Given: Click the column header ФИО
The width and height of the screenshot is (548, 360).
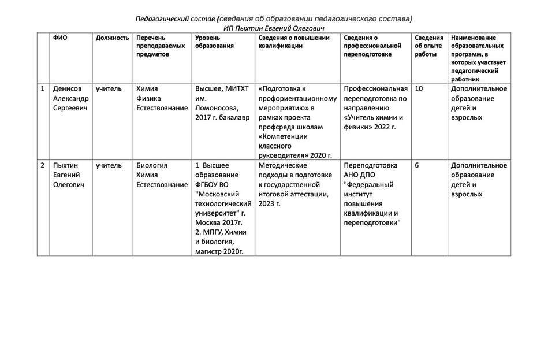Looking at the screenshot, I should pyautogui.click(x=60, y=38).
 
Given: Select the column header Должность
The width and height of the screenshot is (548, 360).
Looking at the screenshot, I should pyautogui.click(x=112, y=38).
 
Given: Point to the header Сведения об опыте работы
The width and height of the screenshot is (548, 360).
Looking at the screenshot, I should pyautogui.click(x=428, y=46).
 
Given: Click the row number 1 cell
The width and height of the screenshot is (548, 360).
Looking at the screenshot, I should pyautogui.click(x=42, y=89).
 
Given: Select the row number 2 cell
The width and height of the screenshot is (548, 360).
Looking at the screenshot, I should pyautogui.click(x=42, y=165).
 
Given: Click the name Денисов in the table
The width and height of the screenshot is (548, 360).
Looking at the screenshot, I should pyautogui.click(x=68, y=89).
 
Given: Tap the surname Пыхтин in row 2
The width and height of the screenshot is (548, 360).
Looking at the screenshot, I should pyautogui.click(x=66, y=165).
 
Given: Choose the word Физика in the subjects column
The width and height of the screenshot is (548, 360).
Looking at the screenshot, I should pyautogui.click(x=148, y=98).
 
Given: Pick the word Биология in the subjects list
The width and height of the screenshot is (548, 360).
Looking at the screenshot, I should pyautogui.click(x=152, y=165).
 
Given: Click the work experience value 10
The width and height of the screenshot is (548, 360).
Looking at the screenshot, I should pyautogui.click(x=419, y=89).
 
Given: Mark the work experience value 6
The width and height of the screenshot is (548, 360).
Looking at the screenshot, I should pyautogui.click(x=417, y=165).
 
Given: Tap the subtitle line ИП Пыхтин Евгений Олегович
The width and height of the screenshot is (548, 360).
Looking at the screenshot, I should pyautogui.click(x=274, y=28).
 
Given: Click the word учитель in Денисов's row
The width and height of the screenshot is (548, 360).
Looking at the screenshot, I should pyautogui.click(x=109, y=89).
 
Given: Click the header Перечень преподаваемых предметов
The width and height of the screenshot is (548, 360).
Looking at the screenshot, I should pyautogui.click(x=161, y=46).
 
